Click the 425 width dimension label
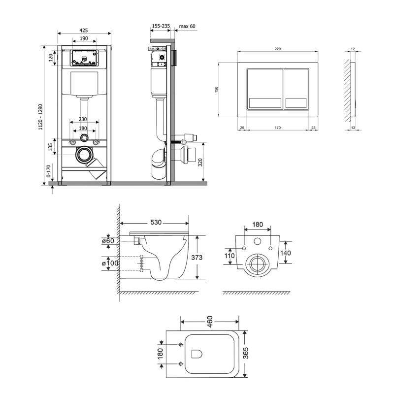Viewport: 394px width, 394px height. pos(84,30)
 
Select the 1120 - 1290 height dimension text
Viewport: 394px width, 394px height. pos(41,117)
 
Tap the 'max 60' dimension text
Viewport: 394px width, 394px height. pos(187,26)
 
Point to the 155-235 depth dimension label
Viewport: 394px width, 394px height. pos(161,26)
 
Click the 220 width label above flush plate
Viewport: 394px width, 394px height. pos(277,49)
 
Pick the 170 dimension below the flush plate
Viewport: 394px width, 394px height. pos(277,128)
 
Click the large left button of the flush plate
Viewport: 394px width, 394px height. pos(265,89)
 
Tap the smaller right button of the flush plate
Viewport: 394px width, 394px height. pos(296,89)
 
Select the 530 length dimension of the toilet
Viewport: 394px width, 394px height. pos(156,223)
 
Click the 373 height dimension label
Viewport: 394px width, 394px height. pos(197,257)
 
